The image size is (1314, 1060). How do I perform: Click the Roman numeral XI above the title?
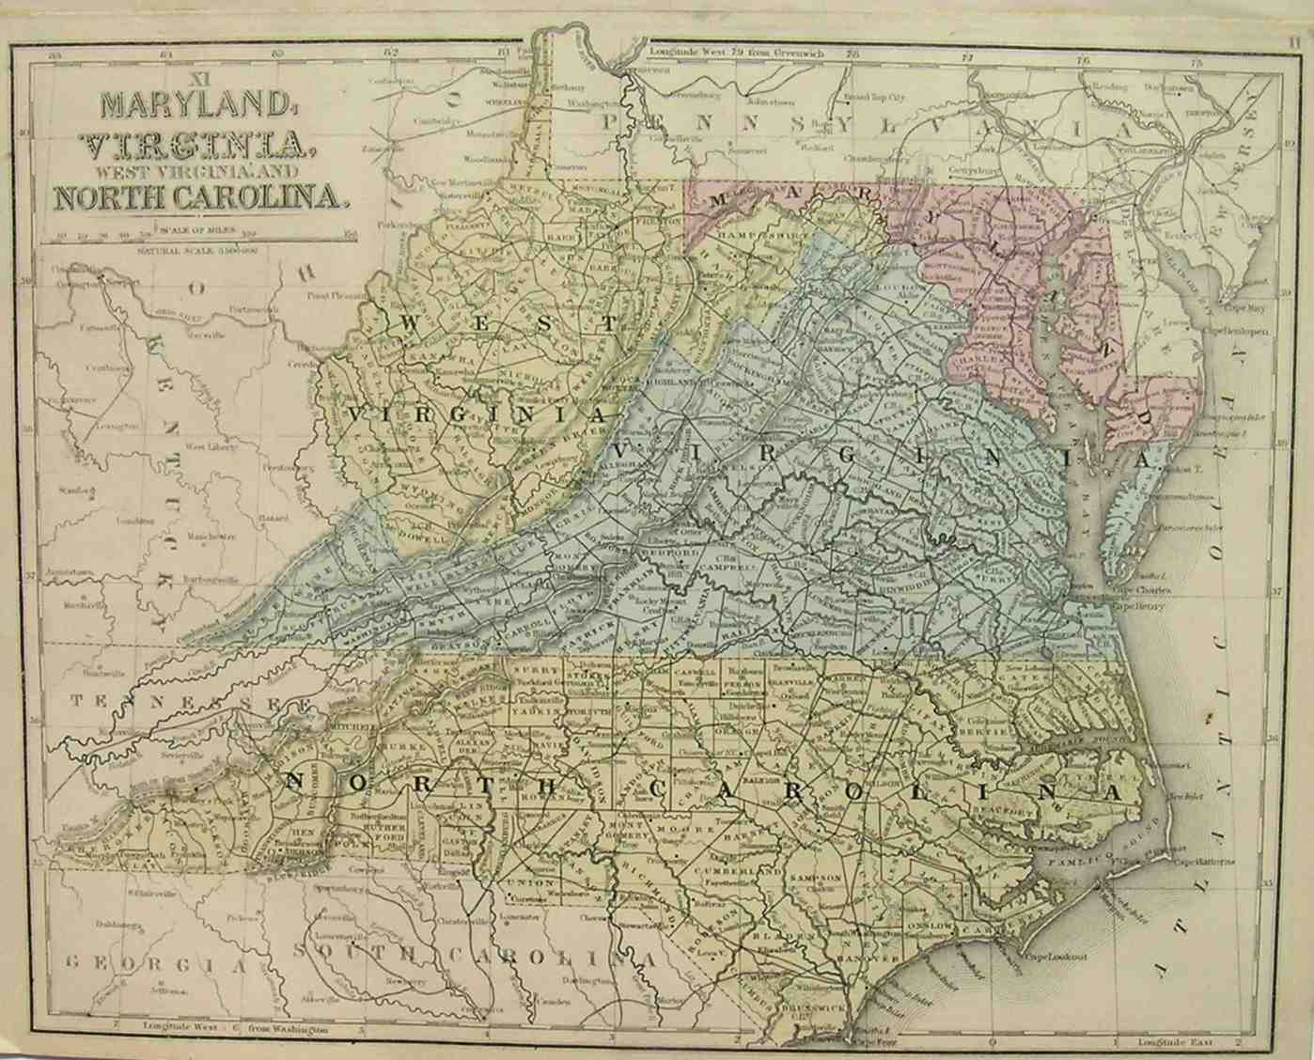[x=196, y=78]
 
